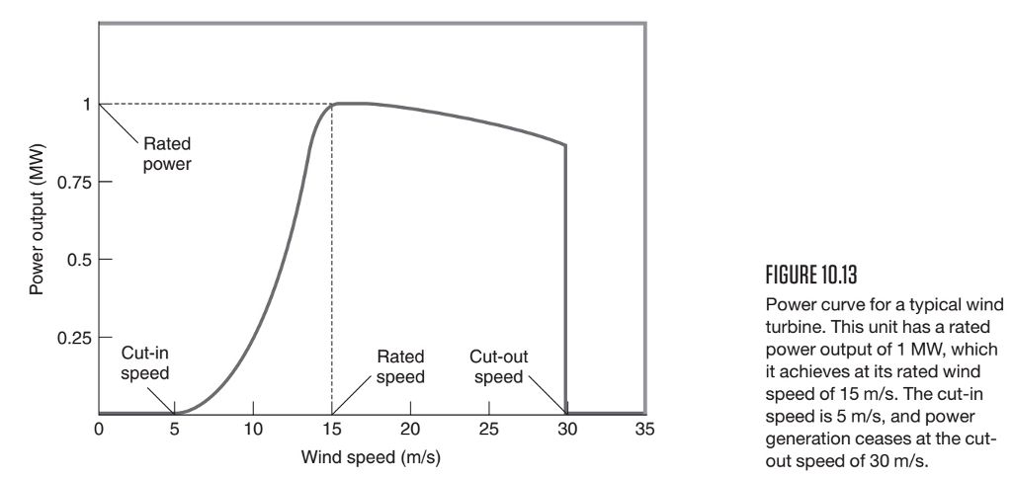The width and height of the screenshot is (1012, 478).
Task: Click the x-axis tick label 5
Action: [175, 430]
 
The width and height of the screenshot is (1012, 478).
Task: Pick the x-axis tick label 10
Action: [253, 430]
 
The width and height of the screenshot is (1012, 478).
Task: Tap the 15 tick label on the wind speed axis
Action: [331, 430]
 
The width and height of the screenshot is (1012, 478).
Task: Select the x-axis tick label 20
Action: [409, 430]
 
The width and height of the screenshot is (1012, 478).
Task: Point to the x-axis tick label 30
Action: [566, 430]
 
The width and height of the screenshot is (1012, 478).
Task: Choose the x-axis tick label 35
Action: [644, 430]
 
